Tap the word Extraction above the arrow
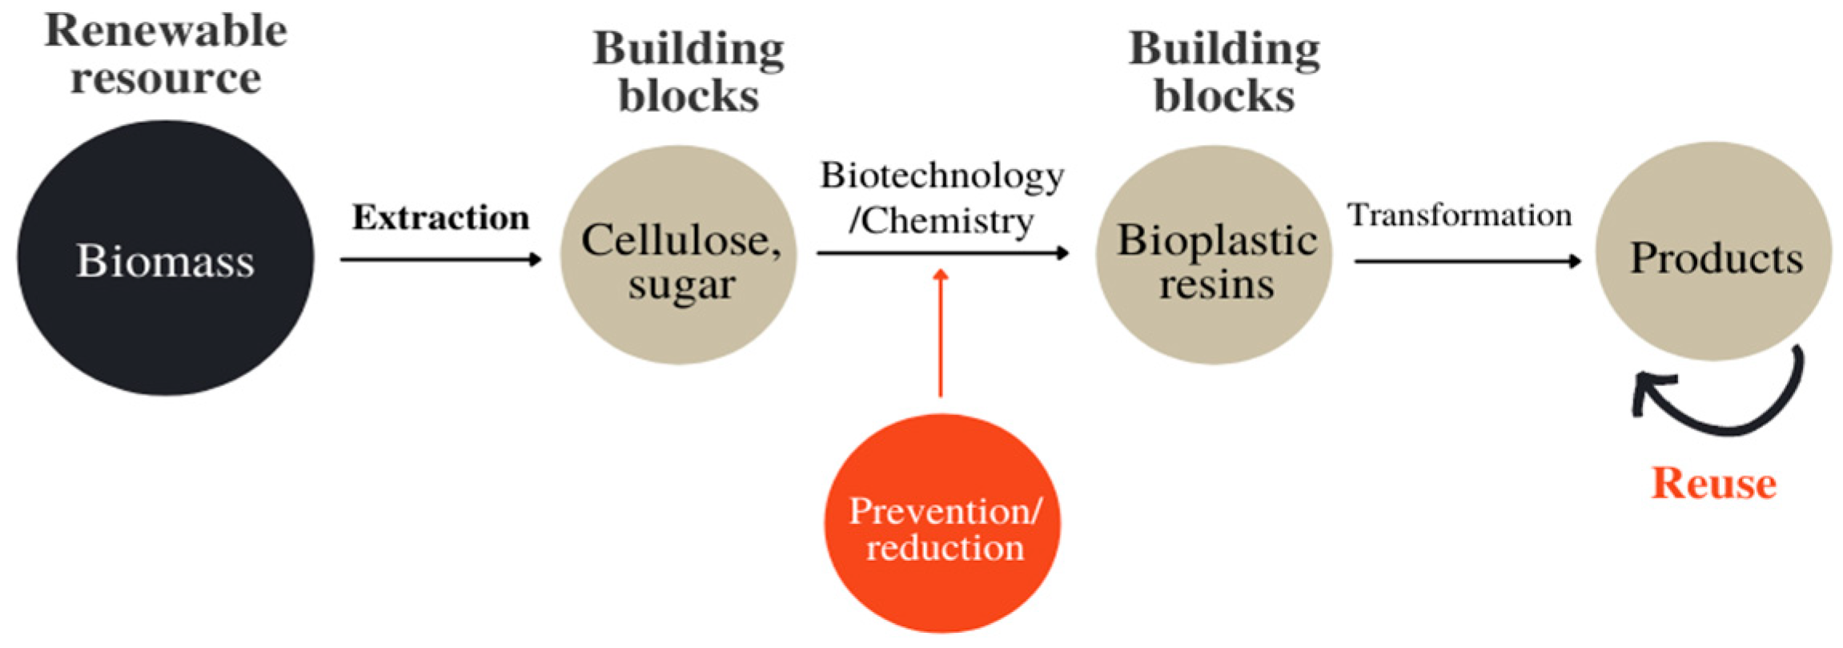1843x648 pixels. (x=441, y=218)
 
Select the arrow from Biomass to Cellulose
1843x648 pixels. (x=440, y=259)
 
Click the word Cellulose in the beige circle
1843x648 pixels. (x=677, y=239)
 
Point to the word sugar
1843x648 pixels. (x=681, y=284)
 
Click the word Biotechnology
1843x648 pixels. (x=942, y=175)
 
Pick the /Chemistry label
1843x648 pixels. (x=942, y=221)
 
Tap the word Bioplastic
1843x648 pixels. (x=1216, y=239)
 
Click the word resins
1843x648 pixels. (x=1216, y=284)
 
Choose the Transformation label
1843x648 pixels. (x=1459, y=215)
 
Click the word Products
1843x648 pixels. (x=1716, y=258)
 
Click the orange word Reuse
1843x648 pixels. (x=1713, y=483)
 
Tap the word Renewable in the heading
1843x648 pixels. (x=165, y=31)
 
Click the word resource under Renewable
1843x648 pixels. (x=165, y=78)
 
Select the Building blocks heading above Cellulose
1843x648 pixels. (x=689, y=72)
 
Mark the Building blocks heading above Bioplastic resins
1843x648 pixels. (x=1224, y=72)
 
